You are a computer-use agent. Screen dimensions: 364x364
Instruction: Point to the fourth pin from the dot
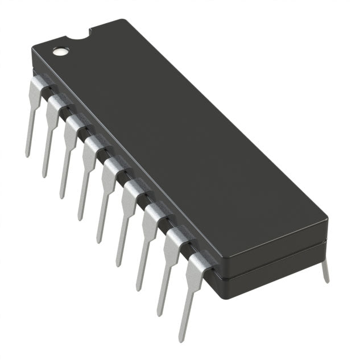tap(88, 171)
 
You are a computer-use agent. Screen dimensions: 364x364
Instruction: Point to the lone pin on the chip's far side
tap(325, 271)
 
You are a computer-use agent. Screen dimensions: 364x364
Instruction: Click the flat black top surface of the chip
tap(182, 142)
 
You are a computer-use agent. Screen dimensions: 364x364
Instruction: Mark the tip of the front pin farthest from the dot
tap(180, 340)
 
